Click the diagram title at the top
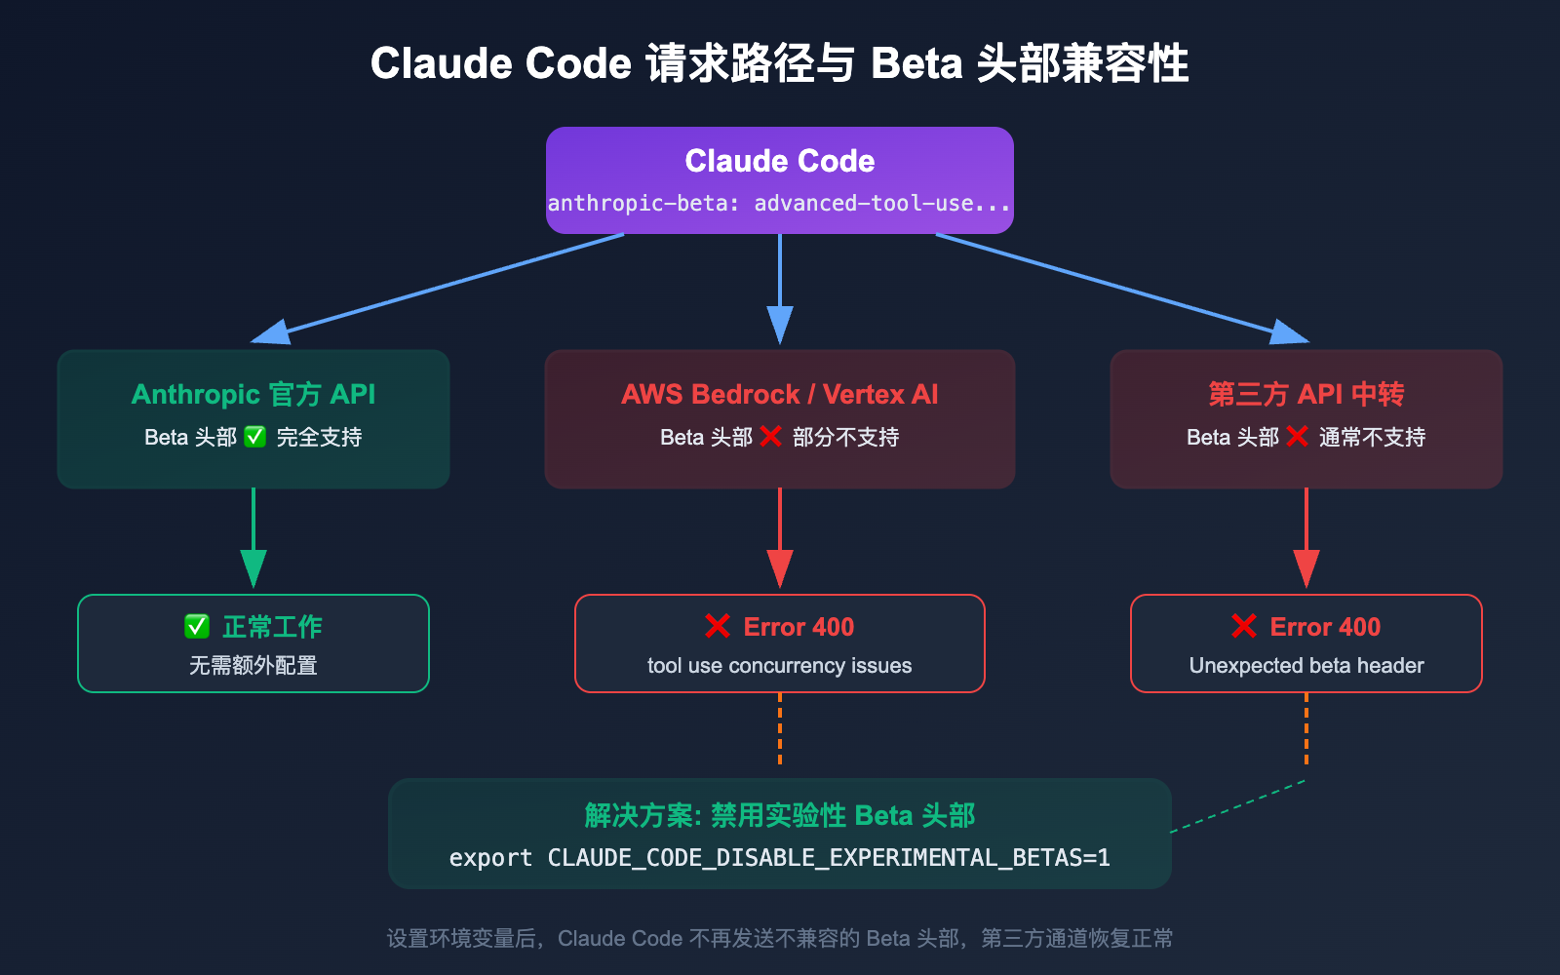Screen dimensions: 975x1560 coord(779,64)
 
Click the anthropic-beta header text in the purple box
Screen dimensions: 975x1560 coord(779,204)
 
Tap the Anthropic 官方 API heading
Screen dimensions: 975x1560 coord(253,394)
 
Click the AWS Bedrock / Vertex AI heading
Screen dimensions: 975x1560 coord(779,394)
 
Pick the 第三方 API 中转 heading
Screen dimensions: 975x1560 coord(1306,394)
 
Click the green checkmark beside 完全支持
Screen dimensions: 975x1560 coord(255,437)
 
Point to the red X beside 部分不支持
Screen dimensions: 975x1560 coord(771,437)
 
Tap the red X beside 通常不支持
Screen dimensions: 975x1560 coord(1297,437)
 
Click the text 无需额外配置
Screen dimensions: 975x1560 coord(253,666)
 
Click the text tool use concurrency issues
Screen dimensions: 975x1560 coord(779,666)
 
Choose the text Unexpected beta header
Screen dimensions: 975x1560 coord(1306,666)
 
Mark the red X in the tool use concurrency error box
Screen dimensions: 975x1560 coord(718,627)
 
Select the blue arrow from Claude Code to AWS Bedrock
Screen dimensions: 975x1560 coord(779,288)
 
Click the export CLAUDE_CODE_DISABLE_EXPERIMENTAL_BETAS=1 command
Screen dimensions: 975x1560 coord(779,858)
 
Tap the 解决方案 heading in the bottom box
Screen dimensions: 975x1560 coord(779,815)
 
